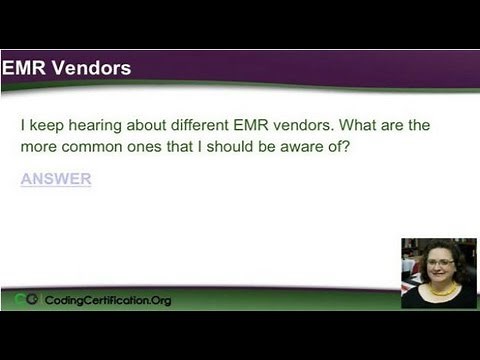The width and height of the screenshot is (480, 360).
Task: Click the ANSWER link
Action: tap(56, 179)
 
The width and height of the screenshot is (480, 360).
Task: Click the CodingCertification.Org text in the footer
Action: tap(107, 300)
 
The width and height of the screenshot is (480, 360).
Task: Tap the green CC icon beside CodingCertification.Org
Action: tap(27, 300)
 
